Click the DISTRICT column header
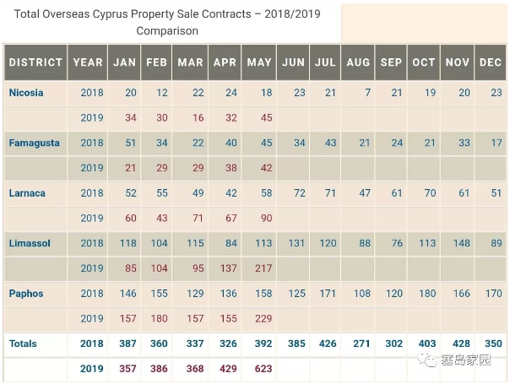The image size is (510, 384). coord(35,62)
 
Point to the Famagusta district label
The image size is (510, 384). coord(34,143)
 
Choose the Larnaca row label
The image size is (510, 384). coord(27,193)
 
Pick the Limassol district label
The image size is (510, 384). coord(30,244)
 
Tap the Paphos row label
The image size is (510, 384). coord(25,294)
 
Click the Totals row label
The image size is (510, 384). coord(24,344)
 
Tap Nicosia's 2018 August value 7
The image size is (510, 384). coord(367,93)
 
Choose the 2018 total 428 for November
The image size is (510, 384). coord(460,344)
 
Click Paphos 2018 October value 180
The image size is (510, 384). coord(427,294)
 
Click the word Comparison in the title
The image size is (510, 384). coord(167,31)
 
